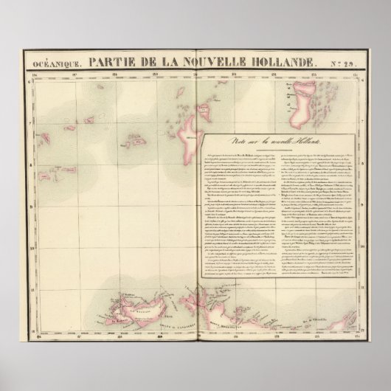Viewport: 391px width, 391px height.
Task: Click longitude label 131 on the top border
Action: pyautogui.click(x=234, y=74)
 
